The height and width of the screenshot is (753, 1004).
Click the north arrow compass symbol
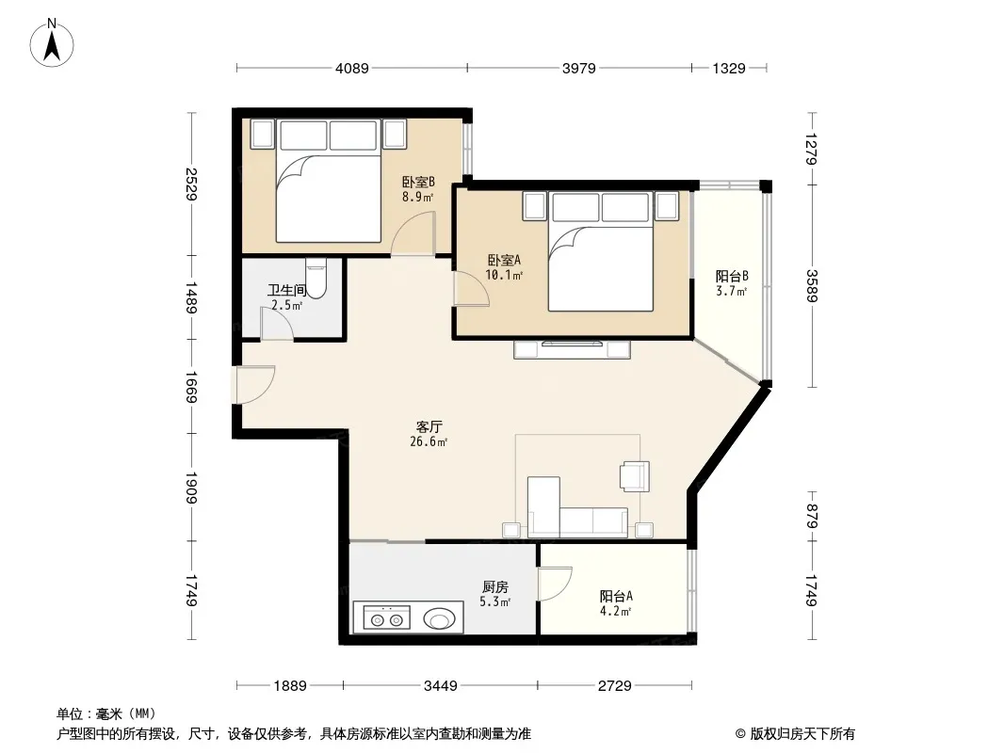tap(52, 43)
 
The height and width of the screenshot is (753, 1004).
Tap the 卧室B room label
tap(418, 182)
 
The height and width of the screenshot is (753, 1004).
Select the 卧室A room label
tap(504, 261)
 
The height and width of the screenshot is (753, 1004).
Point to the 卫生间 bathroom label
tap(287, 291)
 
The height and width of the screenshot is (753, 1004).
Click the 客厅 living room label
tap(429, 426)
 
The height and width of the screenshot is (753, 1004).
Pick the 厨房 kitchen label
tap(495, 586)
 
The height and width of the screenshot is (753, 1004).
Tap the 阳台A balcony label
tap(616, 596)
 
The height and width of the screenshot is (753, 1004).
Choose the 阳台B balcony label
tap(732, 277)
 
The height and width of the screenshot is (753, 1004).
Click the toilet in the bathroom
tap(316, 278)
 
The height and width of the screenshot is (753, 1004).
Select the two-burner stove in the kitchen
tap(386, 617)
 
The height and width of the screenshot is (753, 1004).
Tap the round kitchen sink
tap(439, 618)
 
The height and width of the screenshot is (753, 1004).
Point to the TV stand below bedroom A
tap(573, 349)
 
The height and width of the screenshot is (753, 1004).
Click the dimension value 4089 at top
tap(352, 68)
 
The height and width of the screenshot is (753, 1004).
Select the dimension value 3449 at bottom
tap(441, 686)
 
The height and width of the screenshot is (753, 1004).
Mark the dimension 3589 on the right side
tap(812, 285)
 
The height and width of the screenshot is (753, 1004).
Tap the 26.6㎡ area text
tap(429, 442)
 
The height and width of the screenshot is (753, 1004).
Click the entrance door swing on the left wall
tap(254, 384)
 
